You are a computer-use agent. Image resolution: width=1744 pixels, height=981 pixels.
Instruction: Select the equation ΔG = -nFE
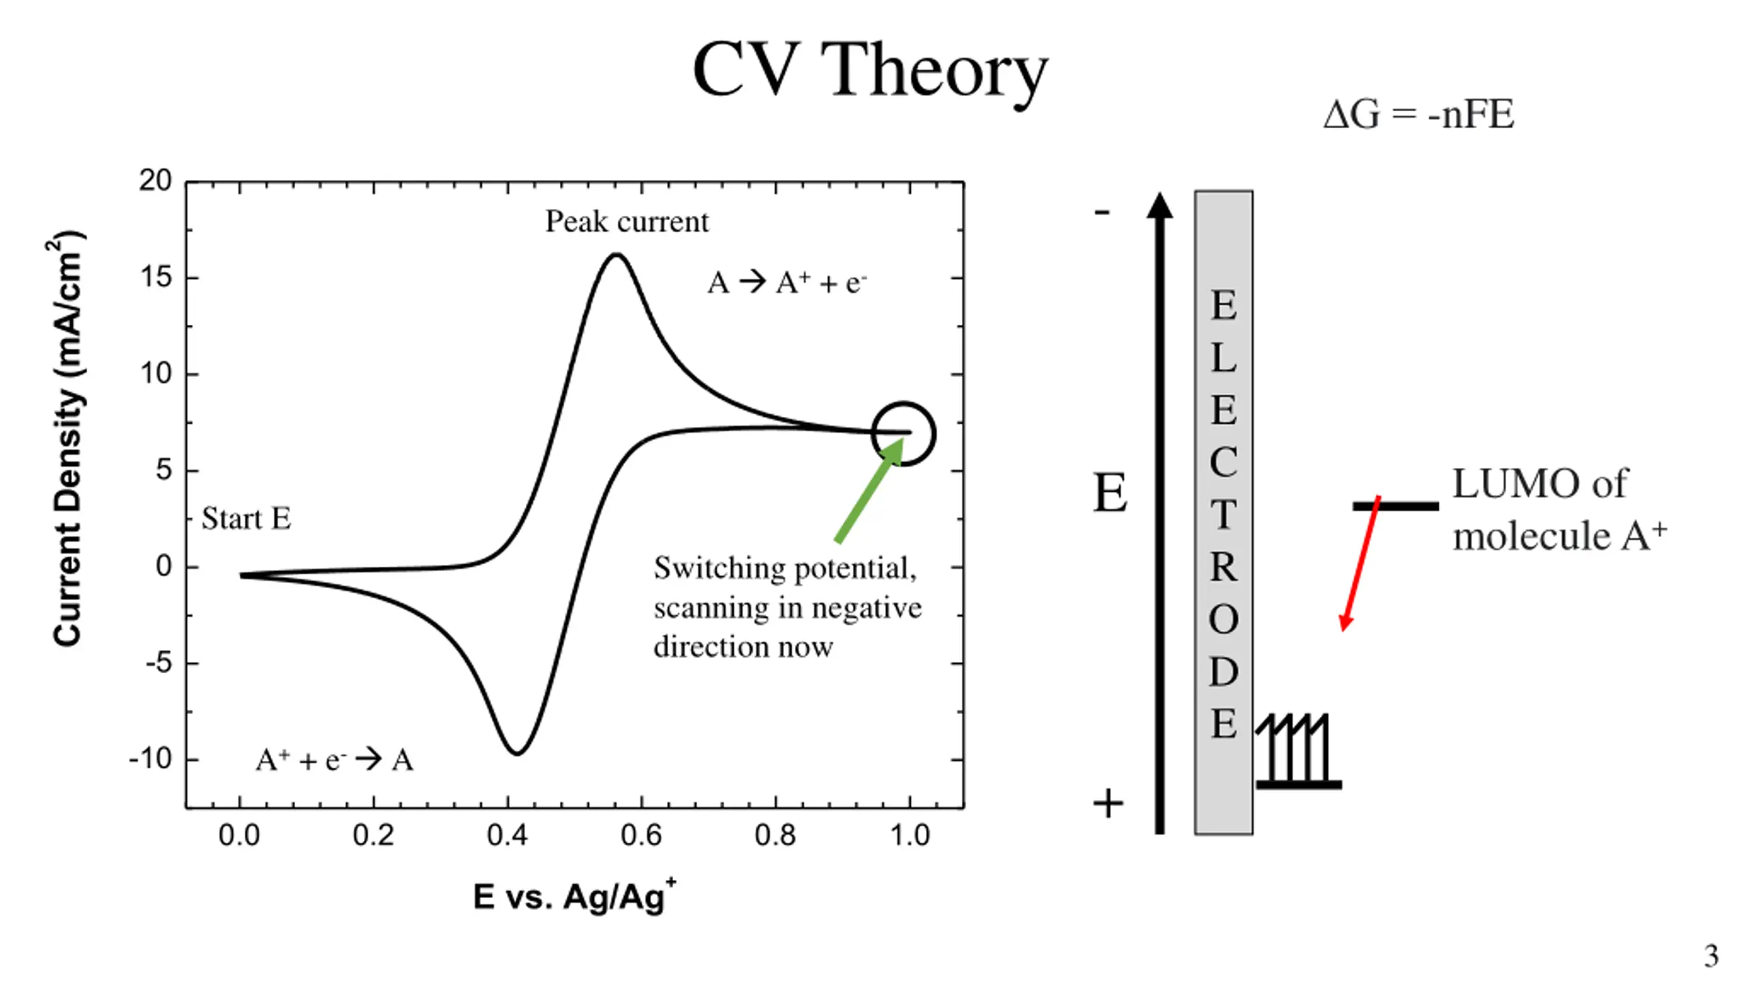click(x=1418, y=114)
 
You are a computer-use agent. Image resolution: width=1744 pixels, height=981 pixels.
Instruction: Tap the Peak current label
click(x=627, y=222)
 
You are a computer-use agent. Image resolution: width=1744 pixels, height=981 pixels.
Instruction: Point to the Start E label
click(x=247, y=519)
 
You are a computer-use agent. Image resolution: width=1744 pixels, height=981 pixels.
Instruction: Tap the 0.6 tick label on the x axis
click(x=640, y=836)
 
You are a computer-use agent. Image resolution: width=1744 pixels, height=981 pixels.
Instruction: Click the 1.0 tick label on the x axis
click(x=909, y=836)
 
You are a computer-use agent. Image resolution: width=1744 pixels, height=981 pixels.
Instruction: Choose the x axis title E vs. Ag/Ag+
click(x=574, y=896)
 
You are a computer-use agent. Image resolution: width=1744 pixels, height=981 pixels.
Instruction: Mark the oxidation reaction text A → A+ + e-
click(x=787, y=283)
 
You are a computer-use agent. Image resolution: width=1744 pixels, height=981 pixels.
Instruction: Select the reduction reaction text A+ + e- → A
click(x=334, y=760)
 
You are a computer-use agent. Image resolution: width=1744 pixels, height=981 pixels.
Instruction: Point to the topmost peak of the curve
click(x=617, y=255)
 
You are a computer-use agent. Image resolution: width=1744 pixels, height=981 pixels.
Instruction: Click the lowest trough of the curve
click(x=517, y=753)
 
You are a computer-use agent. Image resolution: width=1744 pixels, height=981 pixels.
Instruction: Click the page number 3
click(x=1711, y=956)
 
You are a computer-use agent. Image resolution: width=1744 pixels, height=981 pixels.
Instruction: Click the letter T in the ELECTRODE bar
click(x=1224, y=514)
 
